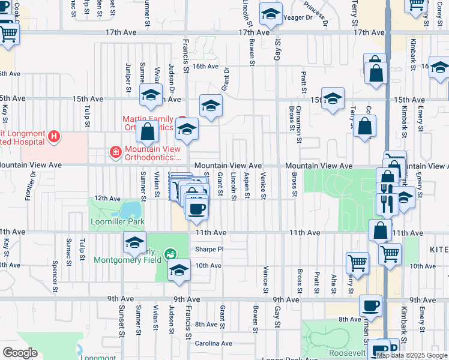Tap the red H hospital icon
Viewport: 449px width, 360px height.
55,137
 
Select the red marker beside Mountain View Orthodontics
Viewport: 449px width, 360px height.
115,153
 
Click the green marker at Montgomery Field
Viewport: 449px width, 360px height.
170,254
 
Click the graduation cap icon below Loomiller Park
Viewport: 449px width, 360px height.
134,243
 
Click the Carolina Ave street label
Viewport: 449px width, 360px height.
213,344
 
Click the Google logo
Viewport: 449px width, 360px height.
20,352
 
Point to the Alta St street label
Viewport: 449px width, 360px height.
334,283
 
